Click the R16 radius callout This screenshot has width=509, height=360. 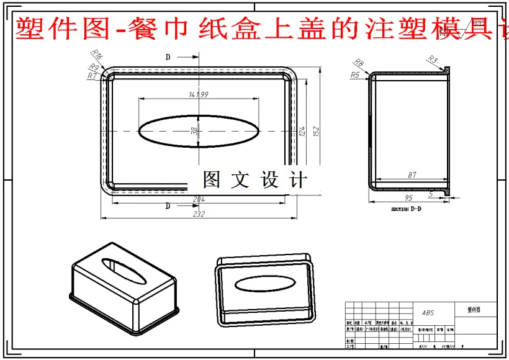click(97, 55)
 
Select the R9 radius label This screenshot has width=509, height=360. click(94, 67)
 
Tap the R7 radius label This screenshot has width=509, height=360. click(92, 75)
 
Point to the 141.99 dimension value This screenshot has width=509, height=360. click(197, 94)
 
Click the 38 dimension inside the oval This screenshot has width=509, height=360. click(194, 131)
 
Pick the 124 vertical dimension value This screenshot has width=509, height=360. click(302, 132)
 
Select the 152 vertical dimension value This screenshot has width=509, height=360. click(315, 132)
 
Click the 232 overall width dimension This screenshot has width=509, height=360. click(198, 214)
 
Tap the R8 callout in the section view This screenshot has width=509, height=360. click(358, 63)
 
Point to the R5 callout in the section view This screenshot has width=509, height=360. click(355, 74)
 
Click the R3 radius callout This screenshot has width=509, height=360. click(433, 60)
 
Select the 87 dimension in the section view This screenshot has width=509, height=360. click(412, 176)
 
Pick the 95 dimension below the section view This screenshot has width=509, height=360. click(408, 198)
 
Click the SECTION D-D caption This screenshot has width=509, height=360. click(407, 209)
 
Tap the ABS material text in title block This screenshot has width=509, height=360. click(428, 313)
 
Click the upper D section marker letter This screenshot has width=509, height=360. click(168, 57)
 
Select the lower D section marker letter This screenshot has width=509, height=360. click(168, 206)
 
